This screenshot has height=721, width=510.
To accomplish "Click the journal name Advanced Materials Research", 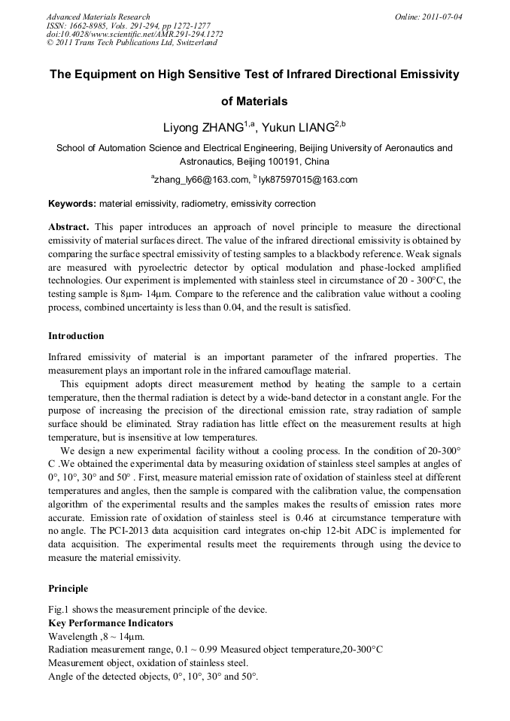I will [x=98, y=17].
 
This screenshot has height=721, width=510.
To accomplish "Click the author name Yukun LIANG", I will [x=297, y=128].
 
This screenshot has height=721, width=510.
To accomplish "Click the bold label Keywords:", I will [x=72, y=204].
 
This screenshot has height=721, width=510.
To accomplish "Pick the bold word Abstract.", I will [x=68, y=226].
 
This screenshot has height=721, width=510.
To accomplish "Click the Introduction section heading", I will [x=76, y=335].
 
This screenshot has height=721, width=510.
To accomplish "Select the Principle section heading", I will [x=68, y=589].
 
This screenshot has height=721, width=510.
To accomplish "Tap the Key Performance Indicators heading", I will [x=111, y=623].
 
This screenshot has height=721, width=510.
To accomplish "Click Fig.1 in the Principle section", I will [x=59, y=609].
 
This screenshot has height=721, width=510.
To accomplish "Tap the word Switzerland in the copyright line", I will [x=195, y=43].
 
